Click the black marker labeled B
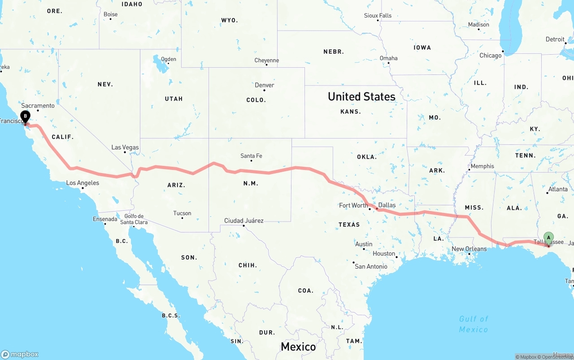pos(26,117)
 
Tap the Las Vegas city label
pos(125,147)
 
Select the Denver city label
pos(264,85)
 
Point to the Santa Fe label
pos(251,156)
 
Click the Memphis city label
pos(482,166)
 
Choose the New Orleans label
pos(469,249)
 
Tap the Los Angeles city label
pos(83,183)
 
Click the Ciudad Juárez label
pos(244,221)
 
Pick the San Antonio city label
pos(371,266)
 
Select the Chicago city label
pos(491,56)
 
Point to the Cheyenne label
pos(266,60)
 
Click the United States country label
pos(361,96)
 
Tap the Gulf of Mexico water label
pos(473,324)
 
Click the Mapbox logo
pos(20,354)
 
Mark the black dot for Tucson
pos(182,218)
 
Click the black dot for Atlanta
pos(548,193)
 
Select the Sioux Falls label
pos(378,16)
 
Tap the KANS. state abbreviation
pos(351,111)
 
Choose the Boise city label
pos(110,14)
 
